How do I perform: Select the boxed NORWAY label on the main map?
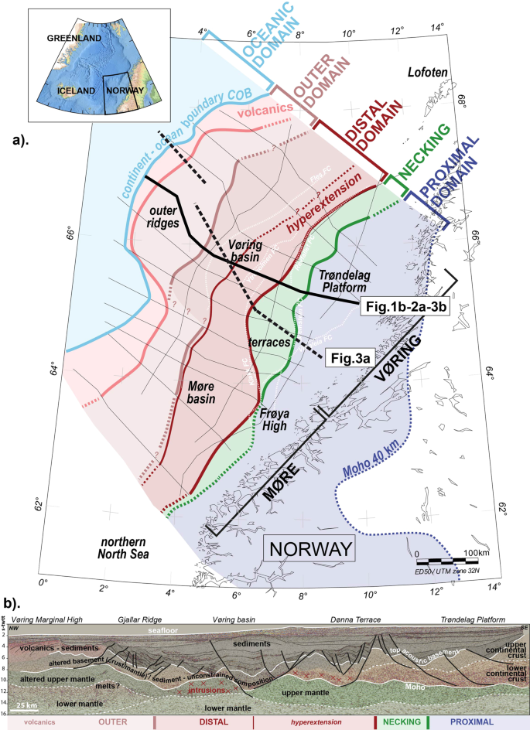309,551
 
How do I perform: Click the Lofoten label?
429,73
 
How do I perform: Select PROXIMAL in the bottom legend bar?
474,722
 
